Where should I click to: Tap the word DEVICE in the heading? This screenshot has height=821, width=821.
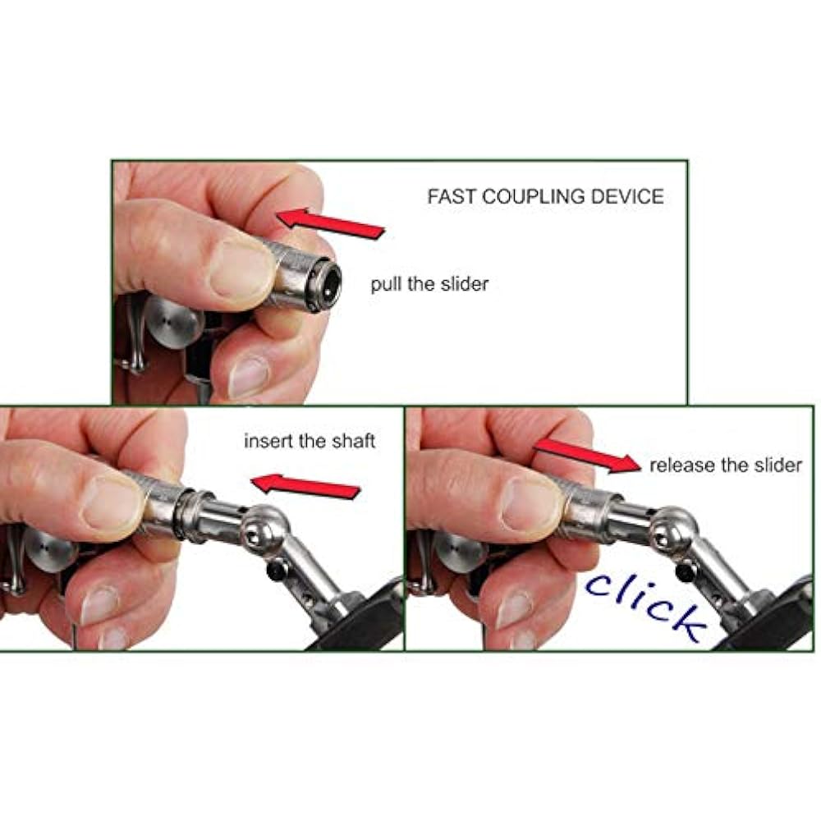pyautogui.click(x=627, y=197)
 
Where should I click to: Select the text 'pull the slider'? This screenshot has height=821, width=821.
pyautogui.click(x=429, y=284)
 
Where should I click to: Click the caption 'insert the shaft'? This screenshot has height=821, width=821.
pyautogui.click(x=310, y=441)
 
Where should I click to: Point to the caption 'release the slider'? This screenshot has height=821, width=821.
pyautogui.click(x=726, y=465)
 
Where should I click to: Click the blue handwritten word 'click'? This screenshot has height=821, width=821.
pyautogui.click(x=646, y=606)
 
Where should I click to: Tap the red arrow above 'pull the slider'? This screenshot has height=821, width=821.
pyautogui.click(x=331, y=223)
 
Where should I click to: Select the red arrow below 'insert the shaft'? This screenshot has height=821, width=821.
pyautogui.click(x=305, y=486)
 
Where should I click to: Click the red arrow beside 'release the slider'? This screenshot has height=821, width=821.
pyautogui.click(x=587, y=456)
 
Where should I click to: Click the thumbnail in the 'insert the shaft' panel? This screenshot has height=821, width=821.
pyautogui.click(x=111, y=504)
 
